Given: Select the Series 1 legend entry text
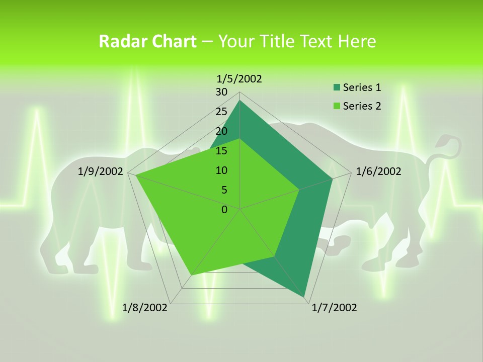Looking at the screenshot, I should point(362,87).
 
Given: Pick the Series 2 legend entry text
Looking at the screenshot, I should point(362,106).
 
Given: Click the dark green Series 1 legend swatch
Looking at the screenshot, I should point(337,88).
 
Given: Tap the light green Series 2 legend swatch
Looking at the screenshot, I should point(337,106).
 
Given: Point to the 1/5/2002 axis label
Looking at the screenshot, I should point(239,78).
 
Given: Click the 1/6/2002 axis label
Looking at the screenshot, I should point(378,171).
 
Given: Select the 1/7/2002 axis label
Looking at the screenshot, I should point(334,308).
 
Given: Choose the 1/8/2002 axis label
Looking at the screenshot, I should point(145,308).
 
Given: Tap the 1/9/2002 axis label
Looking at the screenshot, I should point(101,171).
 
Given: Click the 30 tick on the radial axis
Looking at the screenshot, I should point(221,92).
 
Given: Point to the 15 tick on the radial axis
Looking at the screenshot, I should point(221,151).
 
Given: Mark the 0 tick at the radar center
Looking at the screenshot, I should point(224,210).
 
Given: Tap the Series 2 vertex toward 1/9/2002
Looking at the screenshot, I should point(135,175).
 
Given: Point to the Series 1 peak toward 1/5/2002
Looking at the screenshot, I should point(239,101).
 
